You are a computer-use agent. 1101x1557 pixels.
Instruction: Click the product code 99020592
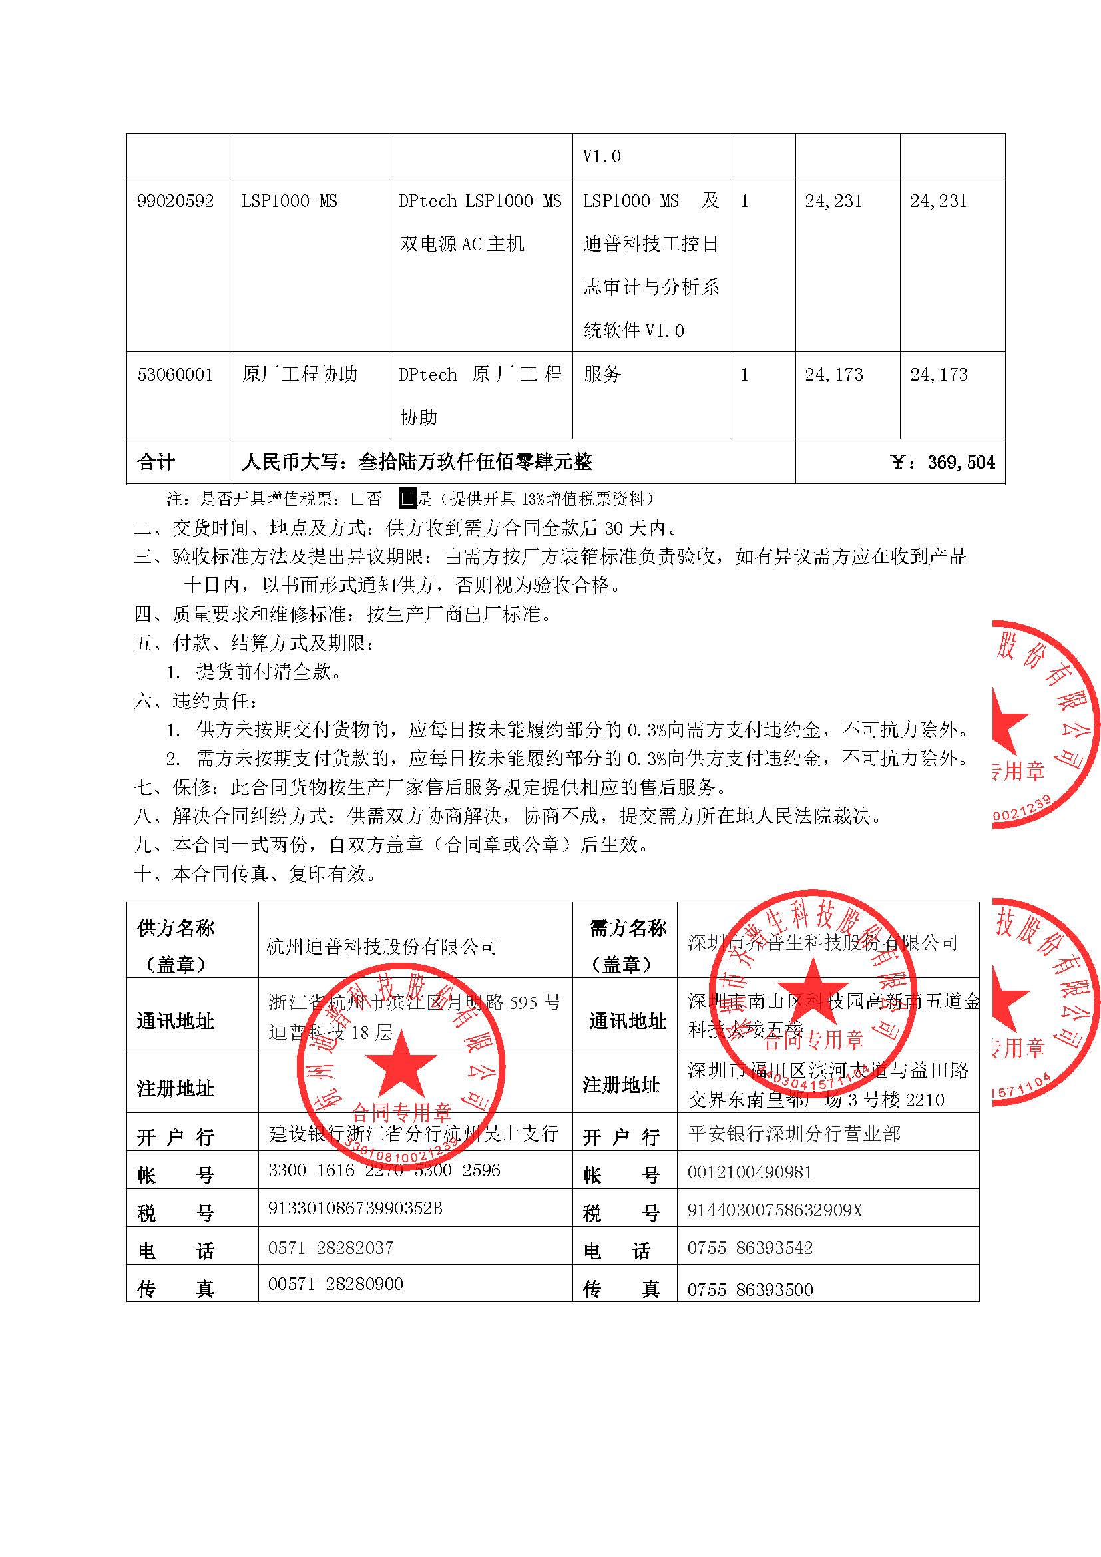click(175, 202)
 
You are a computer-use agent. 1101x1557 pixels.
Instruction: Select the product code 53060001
click(175, 375)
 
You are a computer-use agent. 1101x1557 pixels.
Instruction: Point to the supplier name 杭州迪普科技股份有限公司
click(381, 947)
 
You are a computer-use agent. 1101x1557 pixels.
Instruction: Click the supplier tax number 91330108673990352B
click(355, 1208)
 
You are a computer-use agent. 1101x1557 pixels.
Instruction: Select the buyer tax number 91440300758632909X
click(774, 1210)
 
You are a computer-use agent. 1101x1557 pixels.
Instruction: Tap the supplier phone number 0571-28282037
click(331, 1247)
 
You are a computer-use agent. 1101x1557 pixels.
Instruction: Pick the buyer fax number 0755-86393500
click(750, 1289)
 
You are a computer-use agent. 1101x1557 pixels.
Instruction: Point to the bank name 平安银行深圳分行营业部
click(794, 1134)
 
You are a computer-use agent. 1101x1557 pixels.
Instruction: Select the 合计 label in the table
click(156, 463)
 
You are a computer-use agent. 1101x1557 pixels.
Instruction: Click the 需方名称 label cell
click(628, 929)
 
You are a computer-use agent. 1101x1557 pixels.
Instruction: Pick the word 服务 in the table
click(602, 375)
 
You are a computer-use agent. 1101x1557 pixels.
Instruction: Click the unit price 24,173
click(834, 375)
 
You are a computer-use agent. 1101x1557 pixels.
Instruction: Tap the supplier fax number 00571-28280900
click(335, 1284)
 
